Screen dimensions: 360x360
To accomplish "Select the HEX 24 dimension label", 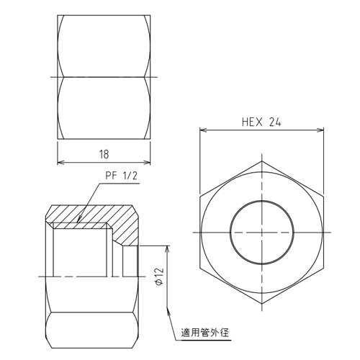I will click(x=261, y=122).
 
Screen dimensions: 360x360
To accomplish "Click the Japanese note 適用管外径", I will click(x=204, y=333).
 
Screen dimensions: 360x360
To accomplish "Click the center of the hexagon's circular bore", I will click(x=261, y=233).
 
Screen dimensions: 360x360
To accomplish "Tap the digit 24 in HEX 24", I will click(x=274, y=122).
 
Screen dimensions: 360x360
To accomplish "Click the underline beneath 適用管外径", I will click(x=204, y=340).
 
